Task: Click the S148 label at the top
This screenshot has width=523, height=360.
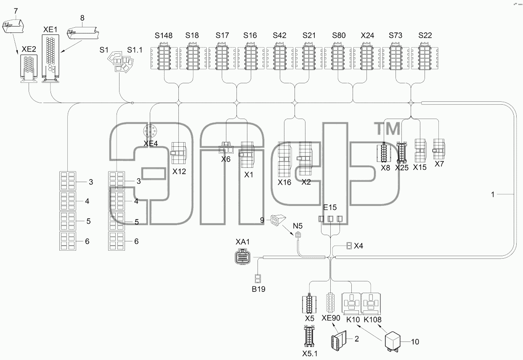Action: [163, 35]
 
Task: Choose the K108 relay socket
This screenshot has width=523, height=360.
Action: [371, 304]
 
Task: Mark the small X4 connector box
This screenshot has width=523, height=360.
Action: [349, 246]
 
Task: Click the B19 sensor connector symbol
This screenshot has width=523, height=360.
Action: [258, 278]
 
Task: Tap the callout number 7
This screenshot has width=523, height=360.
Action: [16, 11]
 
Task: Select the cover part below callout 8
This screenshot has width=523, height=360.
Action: [83, 33]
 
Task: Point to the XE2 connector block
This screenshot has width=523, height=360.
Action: [29, 69]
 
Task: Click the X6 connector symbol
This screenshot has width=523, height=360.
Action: [226, 148]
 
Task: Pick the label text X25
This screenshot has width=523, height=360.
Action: [401, 167]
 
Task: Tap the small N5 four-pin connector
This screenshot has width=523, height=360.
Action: [298, 235]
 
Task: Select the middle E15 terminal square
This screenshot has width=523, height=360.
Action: [330, 219]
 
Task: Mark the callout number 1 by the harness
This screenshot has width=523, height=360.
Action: [493, 194]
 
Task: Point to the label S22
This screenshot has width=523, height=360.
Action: [425, 35]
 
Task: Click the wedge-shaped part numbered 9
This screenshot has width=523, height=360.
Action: [278, 220]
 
